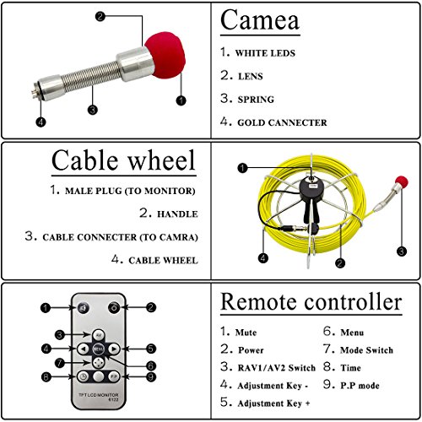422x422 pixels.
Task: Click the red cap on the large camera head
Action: point(165,55)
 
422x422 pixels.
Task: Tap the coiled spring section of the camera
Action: point(92,77)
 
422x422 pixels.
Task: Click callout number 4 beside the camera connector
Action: point(41,122)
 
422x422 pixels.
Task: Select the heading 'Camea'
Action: point(260,20)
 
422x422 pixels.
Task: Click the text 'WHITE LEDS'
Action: point(265,53)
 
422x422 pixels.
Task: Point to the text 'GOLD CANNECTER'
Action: point(282,122)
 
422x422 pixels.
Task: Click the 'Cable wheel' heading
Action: point(123,160)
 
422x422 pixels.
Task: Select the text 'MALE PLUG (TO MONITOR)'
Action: point(130,191)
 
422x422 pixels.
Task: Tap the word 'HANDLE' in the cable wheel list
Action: point(177,214)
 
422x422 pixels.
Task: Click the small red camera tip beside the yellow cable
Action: point(402,181)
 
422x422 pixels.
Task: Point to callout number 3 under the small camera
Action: point(402,251)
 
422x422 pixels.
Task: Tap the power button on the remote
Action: point(114,307)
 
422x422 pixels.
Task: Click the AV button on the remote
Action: point(99,335)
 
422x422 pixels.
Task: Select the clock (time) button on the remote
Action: point(84,376)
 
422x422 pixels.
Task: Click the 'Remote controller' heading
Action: point(311,302)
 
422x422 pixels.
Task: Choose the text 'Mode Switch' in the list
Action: point(366,350)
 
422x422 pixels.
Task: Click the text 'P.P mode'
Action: point(360,386)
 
